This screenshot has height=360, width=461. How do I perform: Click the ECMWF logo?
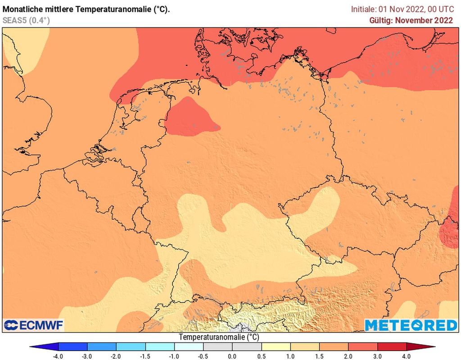pos(33,325)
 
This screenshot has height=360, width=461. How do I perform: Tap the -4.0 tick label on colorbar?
pos(58,356)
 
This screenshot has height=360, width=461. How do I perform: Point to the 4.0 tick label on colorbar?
pos(407,356)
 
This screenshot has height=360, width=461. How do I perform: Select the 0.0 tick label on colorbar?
pos(232,356)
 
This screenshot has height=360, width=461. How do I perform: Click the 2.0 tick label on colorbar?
pos(348,356)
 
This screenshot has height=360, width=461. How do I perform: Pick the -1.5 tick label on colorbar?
pos(145,356)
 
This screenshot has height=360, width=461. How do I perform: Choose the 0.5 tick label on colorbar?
pos(262,356)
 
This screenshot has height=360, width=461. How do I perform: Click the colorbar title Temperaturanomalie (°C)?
pos(219,337)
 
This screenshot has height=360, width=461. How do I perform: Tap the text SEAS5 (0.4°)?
pos(26,20)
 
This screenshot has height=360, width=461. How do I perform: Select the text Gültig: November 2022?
pos(411,20)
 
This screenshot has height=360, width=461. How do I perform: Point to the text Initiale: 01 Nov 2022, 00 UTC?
pos(402,9)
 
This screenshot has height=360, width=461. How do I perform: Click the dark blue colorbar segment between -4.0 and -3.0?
pos(72,347)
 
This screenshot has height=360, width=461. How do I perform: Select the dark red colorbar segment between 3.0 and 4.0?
pos(392,347)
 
